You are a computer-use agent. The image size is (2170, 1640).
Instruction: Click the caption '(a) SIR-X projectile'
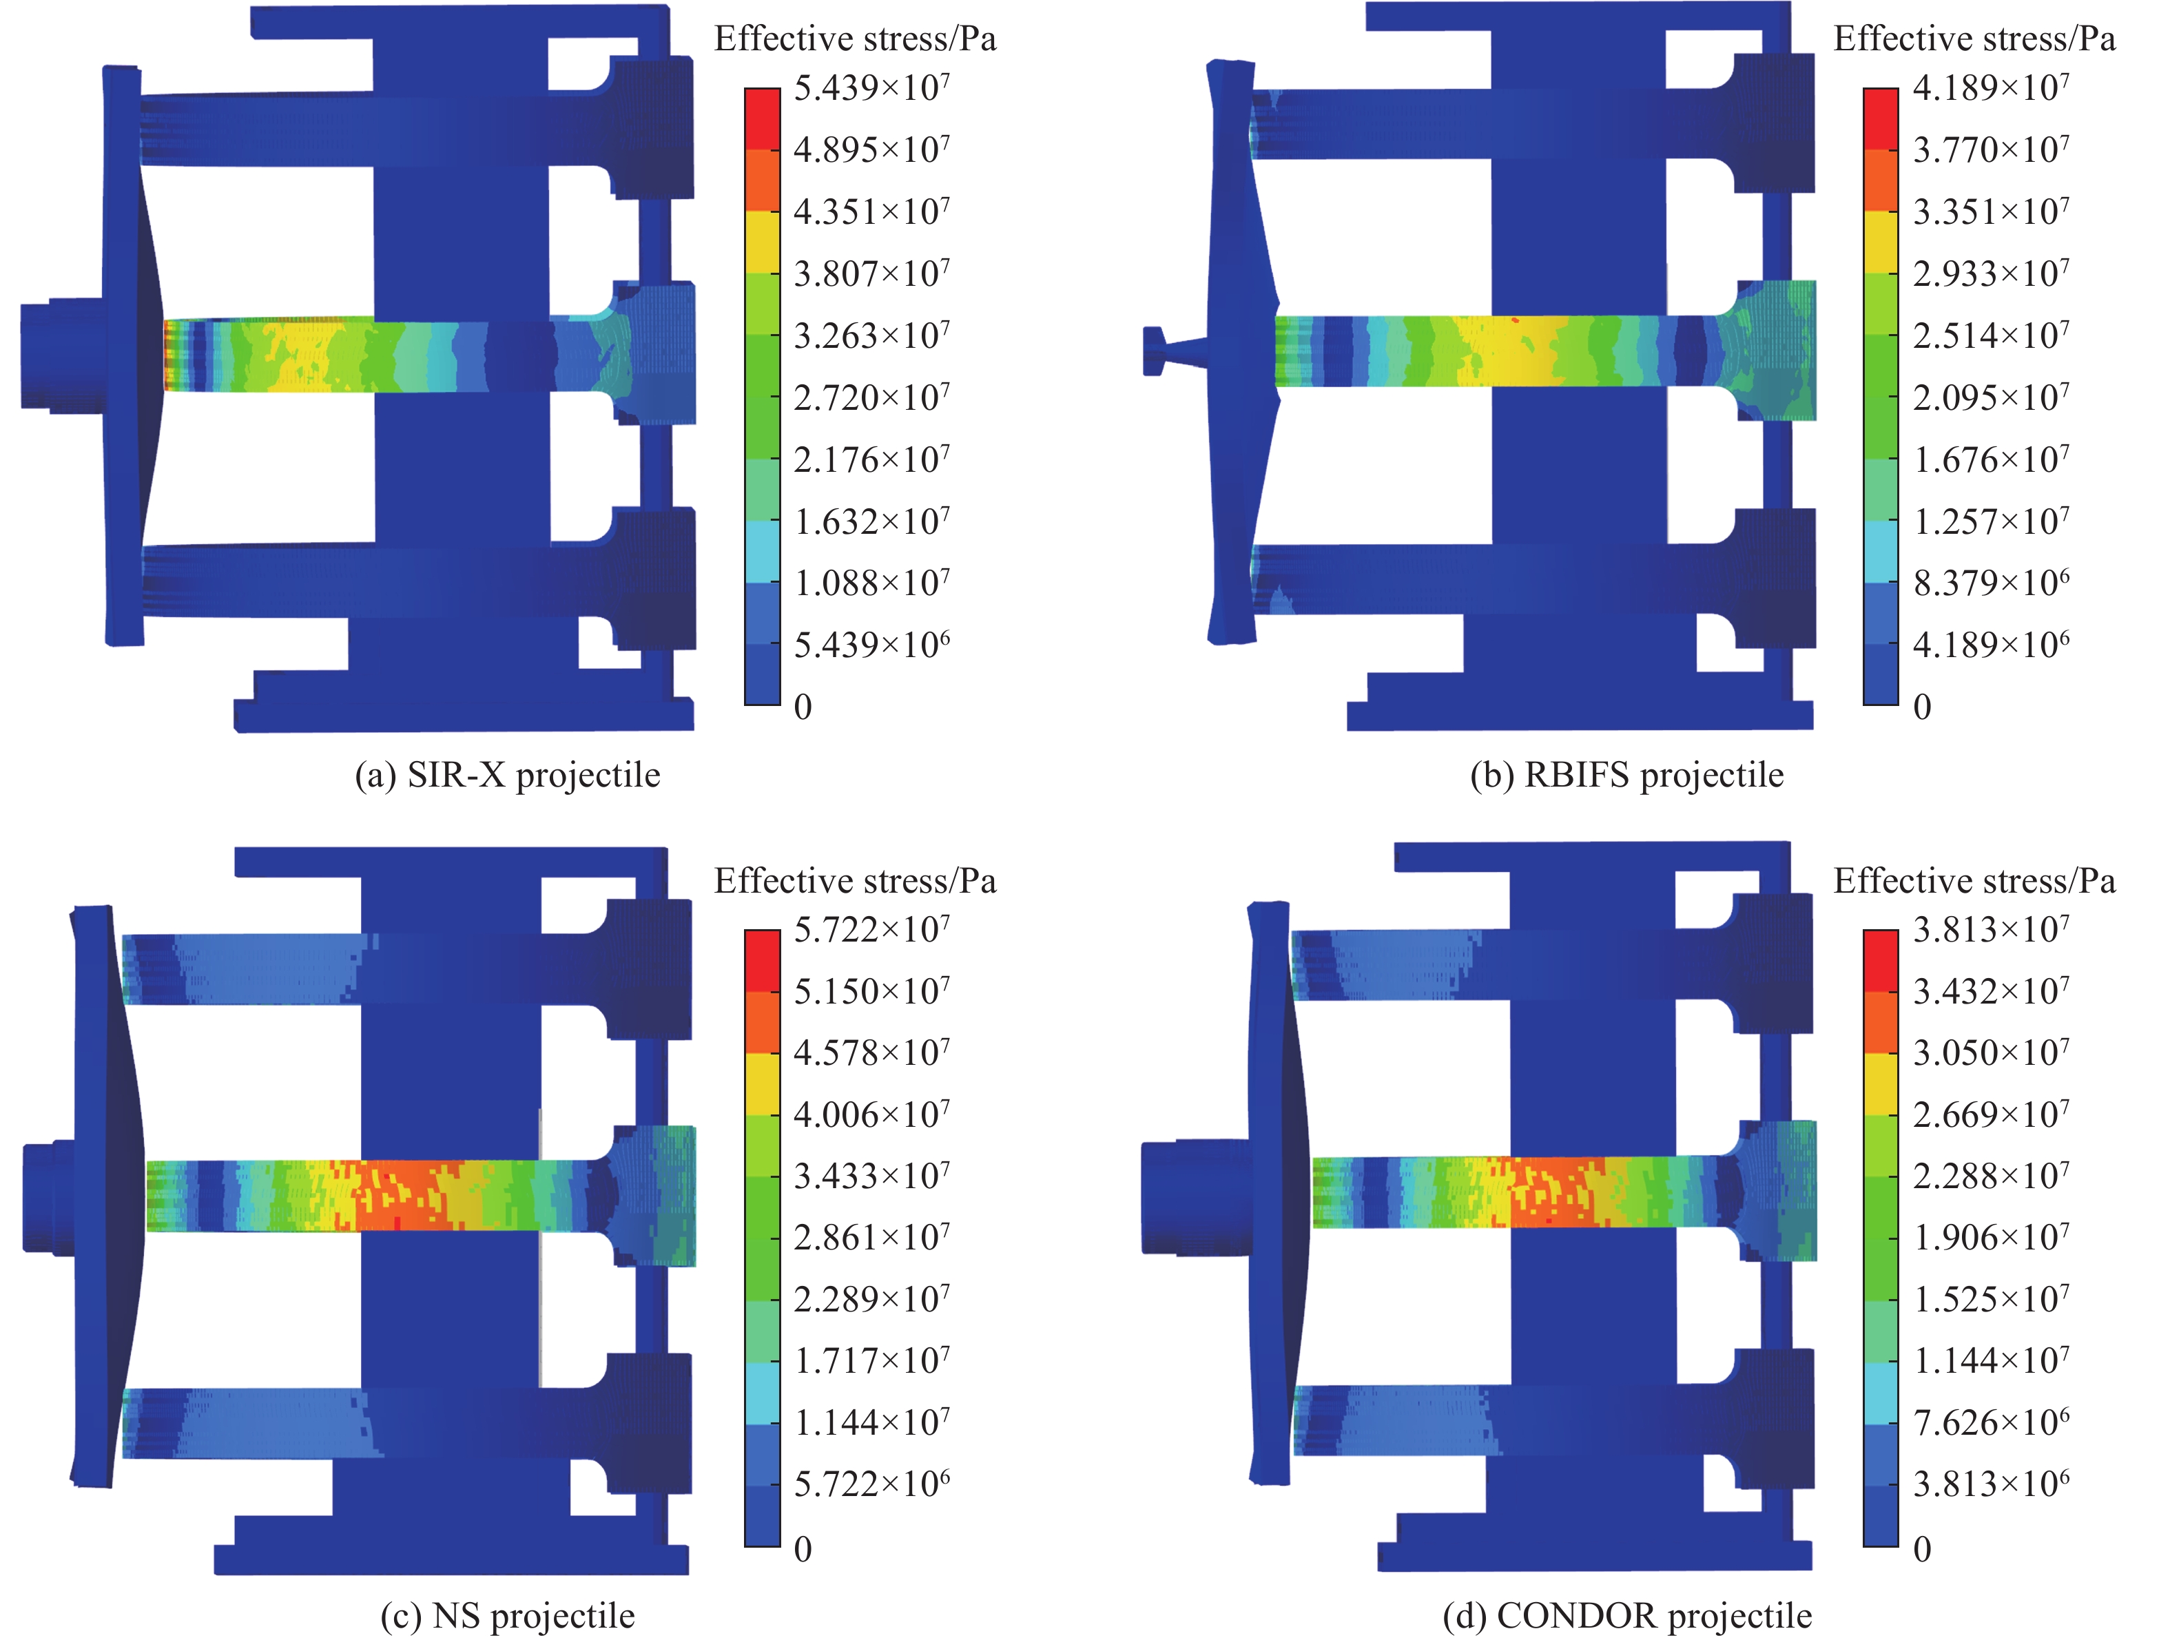(507, 775)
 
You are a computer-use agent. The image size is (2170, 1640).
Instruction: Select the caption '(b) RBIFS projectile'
(1626, 775)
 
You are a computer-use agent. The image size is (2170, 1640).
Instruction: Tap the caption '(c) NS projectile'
(507, 1615)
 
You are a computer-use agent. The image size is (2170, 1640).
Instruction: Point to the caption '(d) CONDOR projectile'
(1626, 1615)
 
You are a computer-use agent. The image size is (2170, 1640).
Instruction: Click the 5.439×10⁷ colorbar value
(871, 88)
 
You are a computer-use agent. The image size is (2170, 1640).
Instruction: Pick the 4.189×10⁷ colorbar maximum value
(1990, 88)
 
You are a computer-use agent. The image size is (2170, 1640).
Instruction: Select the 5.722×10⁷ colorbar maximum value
(871, 929)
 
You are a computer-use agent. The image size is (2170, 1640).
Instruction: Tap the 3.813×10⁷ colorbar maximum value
(1990, 929)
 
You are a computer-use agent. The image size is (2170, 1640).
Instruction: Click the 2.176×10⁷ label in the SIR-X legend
(871, 459)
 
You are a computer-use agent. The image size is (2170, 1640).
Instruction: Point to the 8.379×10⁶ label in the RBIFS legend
(1990, 583)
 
